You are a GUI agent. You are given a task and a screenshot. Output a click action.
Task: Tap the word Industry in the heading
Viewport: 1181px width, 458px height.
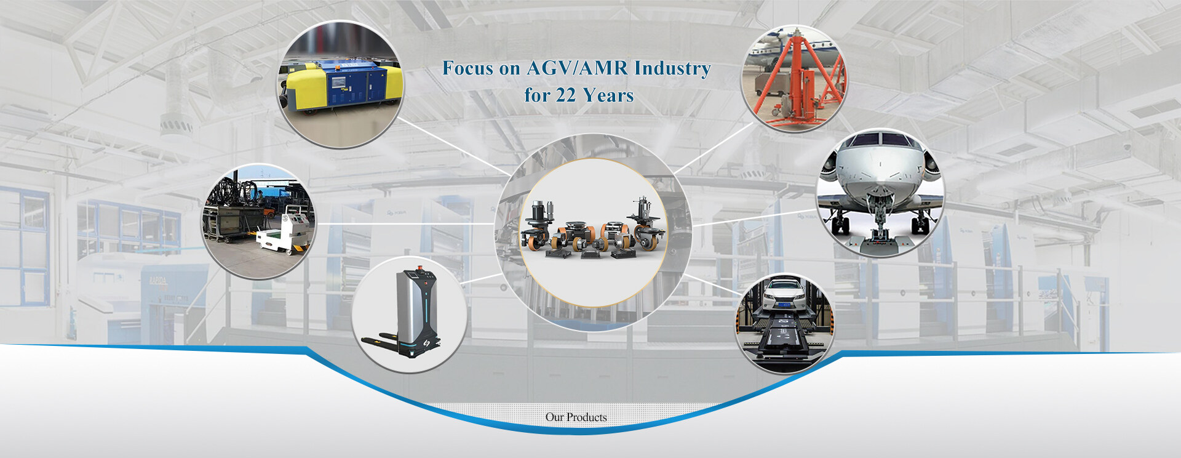pyautogui.click(x=672, y=69)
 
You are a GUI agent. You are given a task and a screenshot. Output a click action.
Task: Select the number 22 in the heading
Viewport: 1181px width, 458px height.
pyautogui.click(x=566, y=95)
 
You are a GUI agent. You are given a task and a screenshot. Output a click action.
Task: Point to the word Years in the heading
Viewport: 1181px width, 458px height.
pyautogui.click(x=608, y=95)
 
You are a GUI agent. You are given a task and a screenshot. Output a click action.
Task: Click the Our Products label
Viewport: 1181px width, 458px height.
pyautogui.click(x=576, y=417)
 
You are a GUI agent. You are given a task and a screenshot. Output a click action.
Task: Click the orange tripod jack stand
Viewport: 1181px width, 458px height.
pyautogui.click(x=796, y=80)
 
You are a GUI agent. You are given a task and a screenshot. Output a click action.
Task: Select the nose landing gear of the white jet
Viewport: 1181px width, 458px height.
pyautogui.click(x=878, y=212)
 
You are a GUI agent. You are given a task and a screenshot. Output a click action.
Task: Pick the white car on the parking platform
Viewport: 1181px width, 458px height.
pyautogui.click(x=784, y=295)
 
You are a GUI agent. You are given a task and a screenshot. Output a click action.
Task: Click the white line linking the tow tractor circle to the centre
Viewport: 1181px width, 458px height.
pyautogui.click(x=405, y=223)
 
